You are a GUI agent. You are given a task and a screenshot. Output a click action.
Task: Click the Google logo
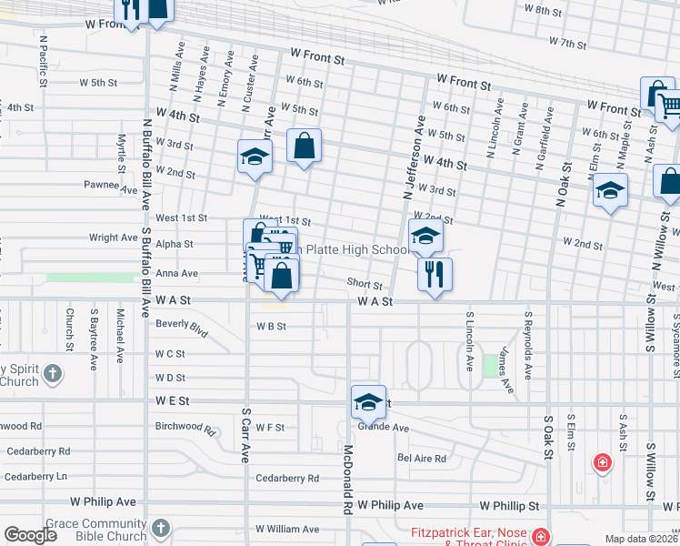pos(30,535)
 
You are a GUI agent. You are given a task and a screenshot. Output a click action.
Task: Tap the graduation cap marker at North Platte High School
pos(425,237)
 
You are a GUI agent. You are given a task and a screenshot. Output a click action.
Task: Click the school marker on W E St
pos(367,401)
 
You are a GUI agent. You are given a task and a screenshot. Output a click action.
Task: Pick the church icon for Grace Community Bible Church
pos(160,528)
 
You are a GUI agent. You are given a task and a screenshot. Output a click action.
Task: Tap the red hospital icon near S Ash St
pos(602,463)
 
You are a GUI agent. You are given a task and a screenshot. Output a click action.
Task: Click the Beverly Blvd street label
pos(182,328)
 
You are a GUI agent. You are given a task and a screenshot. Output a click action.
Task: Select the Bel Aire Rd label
pos(424,459)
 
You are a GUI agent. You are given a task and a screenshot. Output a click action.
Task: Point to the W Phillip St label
pos(510,505)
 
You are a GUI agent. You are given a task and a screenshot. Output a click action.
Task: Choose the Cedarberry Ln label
pos(36,476)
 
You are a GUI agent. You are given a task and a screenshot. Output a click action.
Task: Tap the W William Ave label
pos(287,529)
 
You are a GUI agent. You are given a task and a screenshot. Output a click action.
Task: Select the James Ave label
pos(505,374)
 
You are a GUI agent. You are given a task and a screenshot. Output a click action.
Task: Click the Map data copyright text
pos(640,539)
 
